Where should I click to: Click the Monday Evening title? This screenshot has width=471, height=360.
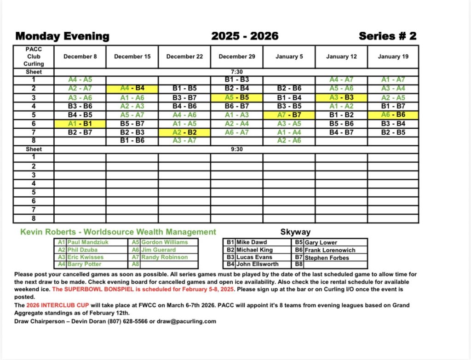(x=62, y=36)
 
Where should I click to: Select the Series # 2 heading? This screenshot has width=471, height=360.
(x=387, y=36)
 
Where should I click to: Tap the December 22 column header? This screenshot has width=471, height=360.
(x=184, y=57)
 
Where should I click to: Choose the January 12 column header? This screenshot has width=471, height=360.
(x=341, y=57)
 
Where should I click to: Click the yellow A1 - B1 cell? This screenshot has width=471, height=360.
(x=80, y=124)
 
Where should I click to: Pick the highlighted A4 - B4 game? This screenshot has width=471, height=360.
(x=132, y=89)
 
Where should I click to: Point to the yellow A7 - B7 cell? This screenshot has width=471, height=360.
(x=289, y=115)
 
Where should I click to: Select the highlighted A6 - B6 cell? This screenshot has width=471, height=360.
(x=393, y=115)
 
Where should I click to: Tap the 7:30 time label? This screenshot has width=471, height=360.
(x=236, y=72)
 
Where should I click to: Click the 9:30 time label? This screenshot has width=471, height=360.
(x=236, y=149)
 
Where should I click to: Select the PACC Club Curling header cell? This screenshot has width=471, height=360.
(x=34, y=57)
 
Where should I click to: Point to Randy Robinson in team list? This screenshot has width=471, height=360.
(x=164, y=257)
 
